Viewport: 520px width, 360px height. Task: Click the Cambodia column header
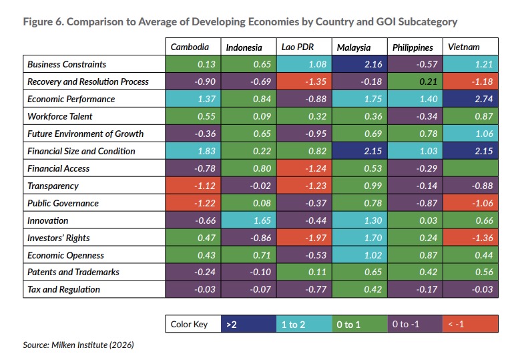pos(190,47)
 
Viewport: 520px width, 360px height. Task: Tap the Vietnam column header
pos(464,47)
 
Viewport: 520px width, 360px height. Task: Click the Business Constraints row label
pos(67,64)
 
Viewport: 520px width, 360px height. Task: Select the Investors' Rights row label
pos(59,238)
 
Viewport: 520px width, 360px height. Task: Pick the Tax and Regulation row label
pos(63,289)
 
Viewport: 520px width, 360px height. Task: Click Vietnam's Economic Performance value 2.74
pos(472,99)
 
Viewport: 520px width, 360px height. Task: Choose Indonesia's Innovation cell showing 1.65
pos(248,220)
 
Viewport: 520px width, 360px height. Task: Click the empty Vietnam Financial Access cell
pos(472,168)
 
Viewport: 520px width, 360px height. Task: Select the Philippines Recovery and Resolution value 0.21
pos(416,81)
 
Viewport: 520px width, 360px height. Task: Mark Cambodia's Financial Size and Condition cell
pos(193,151)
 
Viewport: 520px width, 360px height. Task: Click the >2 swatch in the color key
pos(248,324)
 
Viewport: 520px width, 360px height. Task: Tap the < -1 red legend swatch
pos(471,324)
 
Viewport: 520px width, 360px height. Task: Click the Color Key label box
pos(193,324)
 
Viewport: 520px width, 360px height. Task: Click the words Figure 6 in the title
pos(43,21)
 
